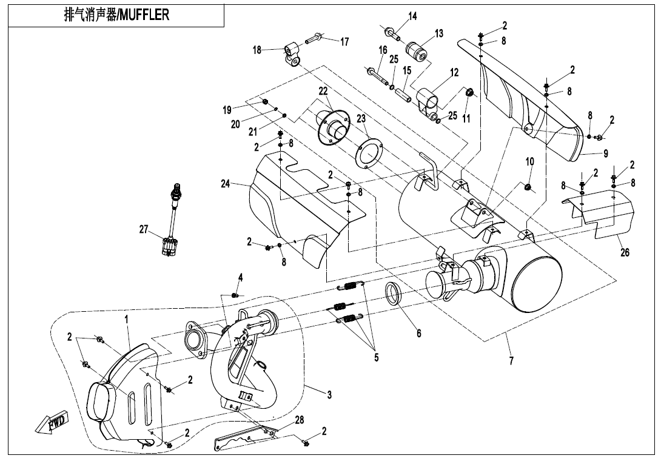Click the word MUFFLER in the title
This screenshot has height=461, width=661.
pyautogui.click(x=144, y=15)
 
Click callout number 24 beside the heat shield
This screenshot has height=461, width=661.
pyautogui.click(x=226, y=184)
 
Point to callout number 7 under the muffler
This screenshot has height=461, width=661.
pyautogui.click(x=511, y=360)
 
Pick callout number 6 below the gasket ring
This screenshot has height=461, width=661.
pyautogui.click(x=418, y=333)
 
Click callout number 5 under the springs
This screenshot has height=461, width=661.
pyautogui.click(x=376, y=357)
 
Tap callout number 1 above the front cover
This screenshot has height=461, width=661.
pyautogui.click(x=127, y=317)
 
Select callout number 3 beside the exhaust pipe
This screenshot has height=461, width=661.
pyautogui.click(x=329, y=395)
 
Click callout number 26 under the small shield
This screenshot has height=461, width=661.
pyautogui.click(x=625, y=253)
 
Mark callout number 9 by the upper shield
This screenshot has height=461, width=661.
pyautogui.click(x=605, y=153)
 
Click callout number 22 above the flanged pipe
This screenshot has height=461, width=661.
pyautogui.click(x=323, y=91)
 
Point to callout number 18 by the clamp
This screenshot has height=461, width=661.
pyautogui.click(x=257, y=50)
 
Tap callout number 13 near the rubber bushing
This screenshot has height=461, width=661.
pyautogui.click(x=439, y=33)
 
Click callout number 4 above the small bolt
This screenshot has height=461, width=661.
pyautogui.click(x=240, y=277)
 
